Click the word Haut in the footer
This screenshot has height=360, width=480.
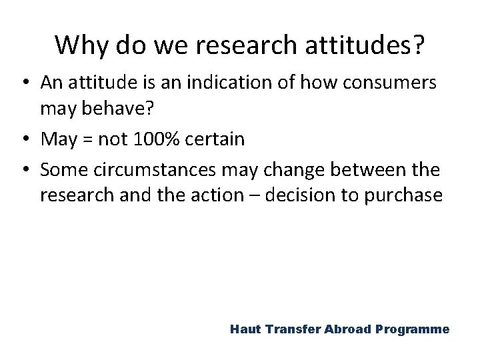point(246,329)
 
